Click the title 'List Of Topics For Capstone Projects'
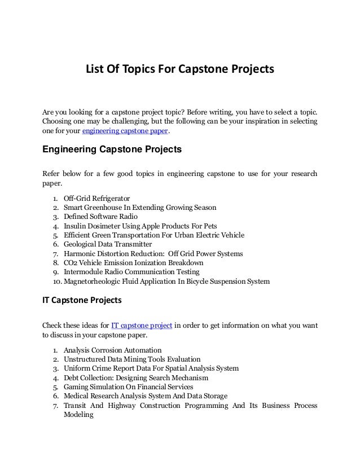179,70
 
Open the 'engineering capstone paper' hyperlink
125,131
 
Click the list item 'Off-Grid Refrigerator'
97,199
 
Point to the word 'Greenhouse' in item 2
107,208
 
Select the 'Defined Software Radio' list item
100,217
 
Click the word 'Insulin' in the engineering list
76,226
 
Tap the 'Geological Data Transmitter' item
108,245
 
